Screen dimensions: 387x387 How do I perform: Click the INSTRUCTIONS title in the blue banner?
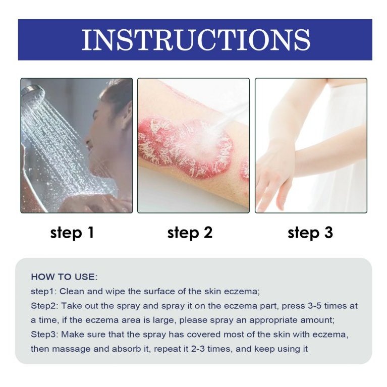point(196,40)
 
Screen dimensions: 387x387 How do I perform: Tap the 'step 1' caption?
point(72,233)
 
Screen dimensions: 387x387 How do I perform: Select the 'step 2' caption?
point(190,233)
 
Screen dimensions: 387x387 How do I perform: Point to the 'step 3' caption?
point(310,233)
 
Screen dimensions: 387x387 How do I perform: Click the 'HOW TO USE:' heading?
point(64,277)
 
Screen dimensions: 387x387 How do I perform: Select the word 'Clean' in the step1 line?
point(72,292)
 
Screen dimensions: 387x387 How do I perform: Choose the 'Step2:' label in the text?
point(44,306)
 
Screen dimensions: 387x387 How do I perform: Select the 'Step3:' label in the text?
point(44,335)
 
